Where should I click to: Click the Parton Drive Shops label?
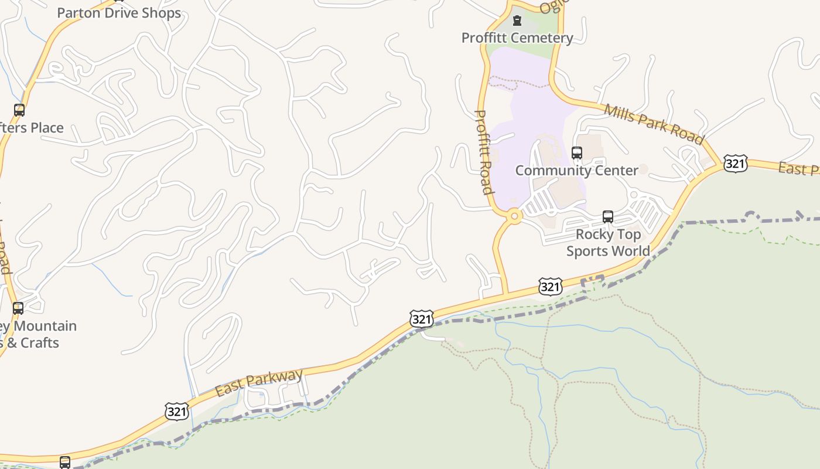click(x=119, y=13)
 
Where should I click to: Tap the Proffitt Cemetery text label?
click(x=517, y=38)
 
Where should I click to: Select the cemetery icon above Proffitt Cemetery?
click(x=517, y=21)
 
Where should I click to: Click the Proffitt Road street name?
click(x=483, y=152)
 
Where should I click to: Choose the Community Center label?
click(x=576, y=170)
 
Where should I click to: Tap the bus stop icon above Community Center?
click(x=577, y=153)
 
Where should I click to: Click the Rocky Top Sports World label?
click(x=608, y=242)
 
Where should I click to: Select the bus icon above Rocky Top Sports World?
click(x=608, y=217)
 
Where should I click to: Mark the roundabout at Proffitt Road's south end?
click(x=515, y=216)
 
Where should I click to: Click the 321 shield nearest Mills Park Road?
click(x=735, y=164)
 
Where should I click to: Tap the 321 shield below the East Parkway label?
click(x=177, y=411)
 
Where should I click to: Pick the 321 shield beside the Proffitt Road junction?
click(x=550, y=287)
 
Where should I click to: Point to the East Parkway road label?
click(x=259, y=382)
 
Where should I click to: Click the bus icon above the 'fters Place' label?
click(x=19, y=110)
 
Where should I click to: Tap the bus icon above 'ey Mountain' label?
click(x=18, y=308)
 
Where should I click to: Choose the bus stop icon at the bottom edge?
click(x=65, y=462)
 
